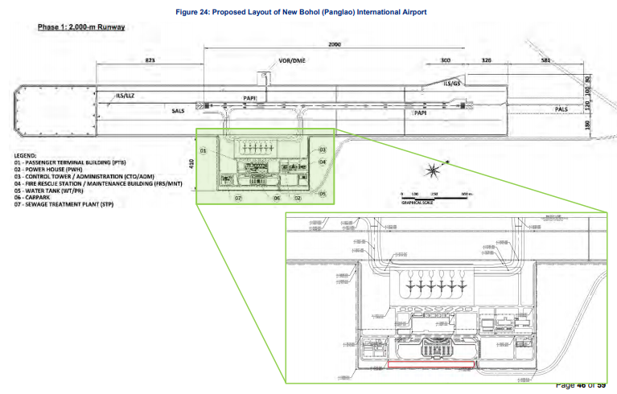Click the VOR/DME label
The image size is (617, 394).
click(291, 61)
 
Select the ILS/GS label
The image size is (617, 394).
click(453, 84)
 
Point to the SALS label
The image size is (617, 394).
click(179, 111)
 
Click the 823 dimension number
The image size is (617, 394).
click(150, 61)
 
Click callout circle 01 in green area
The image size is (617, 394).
click(204, 150)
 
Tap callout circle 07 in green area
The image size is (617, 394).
click(238, 197)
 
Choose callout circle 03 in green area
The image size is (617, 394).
click(322, 150)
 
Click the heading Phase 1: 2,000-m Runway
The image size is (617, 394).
click(80, 27)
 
